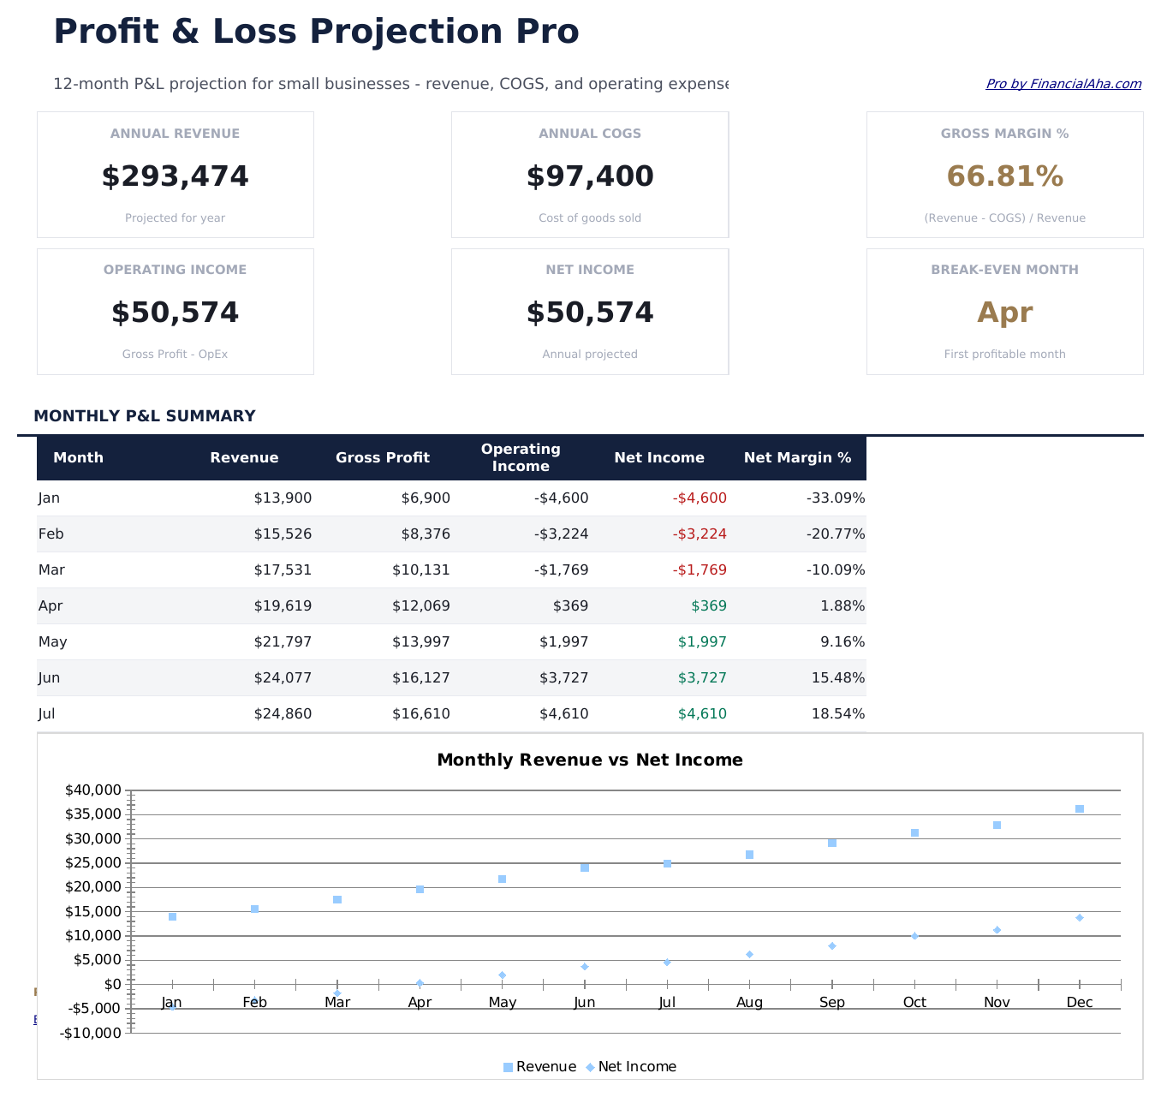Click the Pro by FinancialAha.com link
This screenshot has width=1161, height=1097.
(1063, 84)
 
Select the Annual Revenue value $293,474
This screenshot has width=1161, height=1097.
(175, 176)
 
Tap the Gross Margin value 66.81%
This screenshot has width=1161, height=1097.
(1004, 176)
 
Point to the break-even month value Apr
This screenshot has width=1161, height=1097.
(1004, 313)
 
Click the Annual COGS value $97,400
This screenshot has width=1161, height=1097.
(590, 176)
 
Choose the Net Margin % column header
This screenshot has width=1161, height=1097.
(797, 458)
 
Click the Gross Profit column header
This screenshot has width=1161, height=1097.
(383, 458)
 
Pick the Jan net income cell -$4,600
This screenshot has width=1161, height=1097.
(700, 498)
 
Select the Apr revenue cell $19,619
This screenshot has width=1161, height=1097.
(283, 606)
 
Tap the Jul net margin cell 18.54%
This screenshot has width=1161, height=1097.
(837, 714)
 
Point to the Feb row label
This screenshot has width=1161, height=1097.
(51, 534)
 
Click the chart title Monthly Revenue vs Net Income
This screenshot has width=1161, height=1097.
(590, 760)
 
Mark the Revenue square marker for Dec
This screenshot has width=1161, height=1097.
(1080, 809)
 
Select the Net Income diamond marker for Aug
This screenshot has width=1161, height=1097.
(749, 954)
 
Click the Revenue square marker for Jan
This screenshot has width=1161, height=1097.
(172, 917)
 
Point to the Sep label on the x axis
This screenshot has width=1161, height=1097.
(831, 1003)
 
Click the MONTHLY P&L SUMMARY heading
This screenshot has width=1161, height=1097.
(145, 416)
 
